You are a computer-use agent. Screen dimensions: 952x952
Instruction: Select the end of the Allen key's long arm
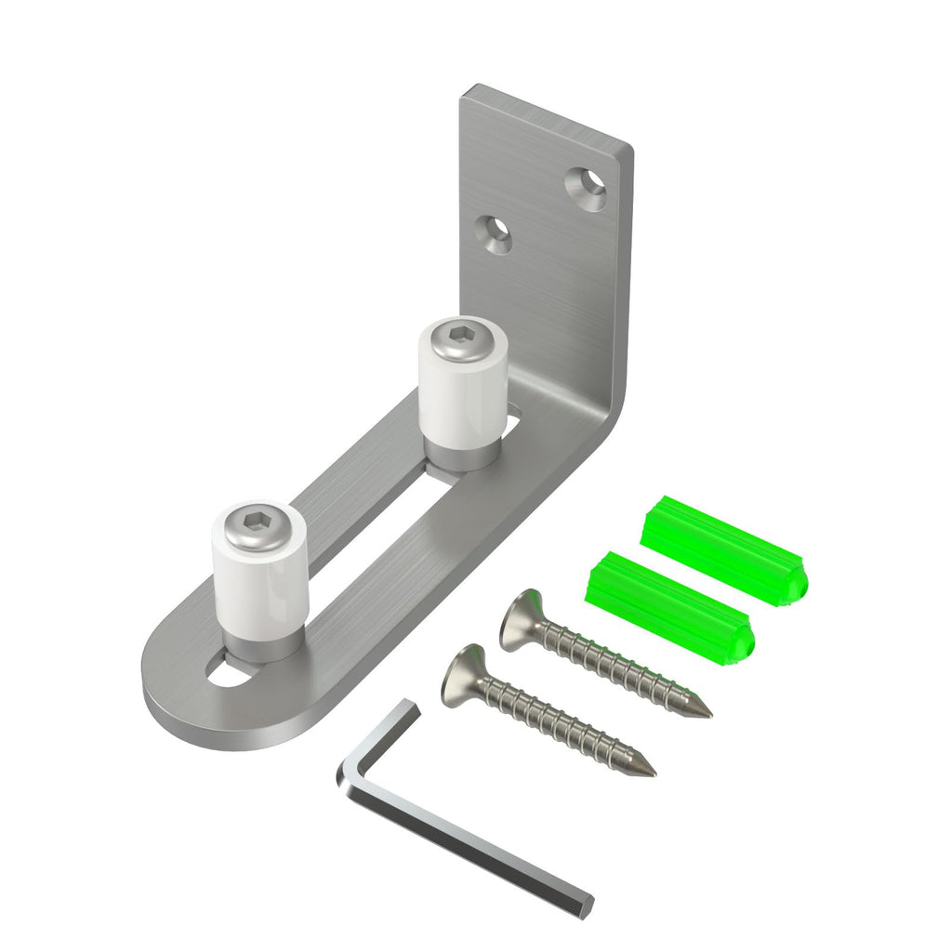click(x=584, y=904)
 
